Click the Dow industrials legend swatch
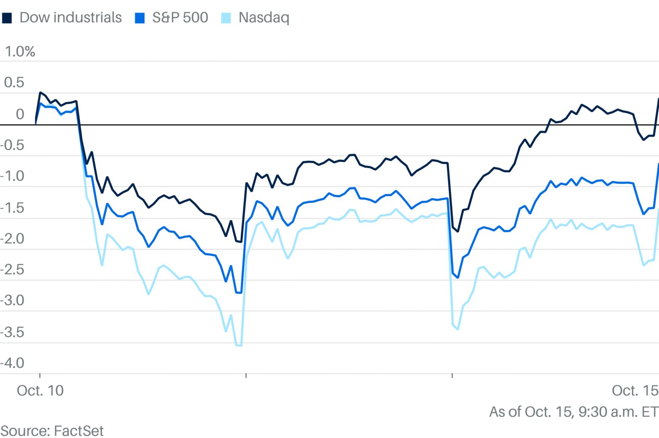click(x=7, y=18)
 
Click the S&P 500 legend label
click(x=180, y=18)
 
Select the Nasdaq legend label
click(x=264, y=18)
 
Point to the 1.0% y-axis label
click(x=20, y=52)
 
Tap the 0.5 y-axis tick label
click(x=14, y=82)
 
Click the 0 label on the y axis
click(x=20, y=114)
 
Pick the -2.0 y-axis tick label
click(x=13, y=239)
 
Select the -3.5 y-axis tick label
click(x=13, y=332)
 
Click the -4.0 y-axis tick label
click(x=13, y=363)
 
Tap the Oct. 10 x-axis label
click(x=40, y=391)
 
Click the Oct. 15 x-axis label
click(x=635, y=391)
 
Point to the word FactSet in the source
click(x=79, y=431)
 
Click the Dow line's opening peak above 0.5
click(x=40, y=92)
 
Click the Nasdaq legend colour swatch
click(x=226, y=18)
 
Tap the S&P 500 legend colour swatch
click(x=140, y=18)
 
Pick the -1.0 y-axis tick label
click(x=13, y=176)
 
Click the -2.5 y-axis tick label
click(x=13, y=270)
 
